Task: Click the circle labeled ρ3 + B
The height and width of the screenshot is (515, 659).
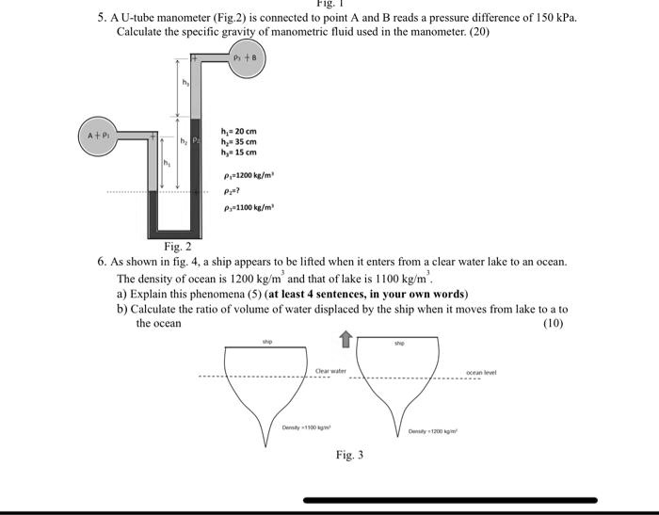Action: (248, 59)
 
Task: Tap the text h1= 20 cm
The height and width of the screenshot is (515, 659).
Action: (238, 132)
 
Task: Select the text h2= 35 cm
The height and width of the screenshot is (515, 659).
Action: (238, 142)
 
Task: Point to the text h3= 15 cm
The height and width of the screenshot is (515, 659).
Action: (238, 153)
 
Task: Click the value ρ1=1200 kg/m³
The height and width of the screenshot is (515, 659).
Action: (248, 174)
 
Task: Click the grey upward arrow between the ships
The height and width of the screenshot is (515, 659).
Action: (346, 337)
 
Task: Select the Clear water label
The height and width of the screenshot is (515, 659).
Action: (330, 371)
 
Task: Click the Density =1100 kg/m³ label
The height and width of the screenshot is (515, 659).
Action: (303, 427)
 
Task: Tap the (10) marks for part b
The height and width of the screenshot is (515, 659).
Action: (553, 323)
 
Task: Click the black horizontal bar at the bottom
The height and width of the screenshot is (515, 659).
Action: (450, 500)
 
